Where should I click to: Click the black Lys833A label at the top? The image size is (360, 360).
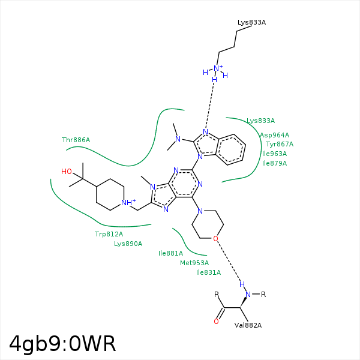point(251,22)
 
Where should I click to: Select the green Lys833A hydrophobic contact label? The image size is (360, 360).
point(260,121)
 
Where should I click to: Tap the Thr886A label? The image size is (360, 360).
point(76,140)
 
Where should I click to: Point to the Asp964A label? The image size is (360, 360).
point(274,135)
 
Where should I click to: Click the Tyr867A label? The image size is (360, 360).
point(280,144)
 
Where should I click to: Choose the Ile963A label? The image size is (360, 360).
point(274,154)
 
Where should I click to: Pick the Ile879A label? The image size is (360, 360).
point(274,163)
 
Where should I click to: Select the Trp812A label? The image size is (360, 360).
point(109,234)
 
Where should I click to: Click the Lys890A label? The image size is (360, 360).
point(128,244)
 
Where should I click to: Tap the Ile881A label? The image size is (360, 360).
point(170,253)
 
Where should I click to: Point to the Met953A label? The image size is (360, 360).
point(194,263)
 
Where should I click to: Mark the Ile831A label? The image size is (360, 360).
point(208,272)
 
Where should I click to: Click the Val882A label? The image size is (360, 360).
point(248,325)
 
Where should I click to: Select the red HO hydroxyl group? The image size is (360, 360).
point(67,172)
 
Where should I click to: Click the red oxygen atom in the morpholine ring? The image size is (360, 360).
point(215,239)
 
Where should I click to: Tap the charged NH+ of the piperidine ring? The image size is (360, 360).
point(128,202)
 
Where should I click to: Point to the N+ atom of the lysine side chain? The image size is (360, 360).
point(218,68)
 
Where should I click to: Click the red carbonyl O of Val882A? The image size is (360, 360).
point(216,322)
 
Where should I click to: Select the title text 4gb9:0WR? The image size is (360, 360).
point(62,344)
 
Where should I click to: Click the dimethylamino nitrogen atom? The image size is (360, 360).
point(178,139)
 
